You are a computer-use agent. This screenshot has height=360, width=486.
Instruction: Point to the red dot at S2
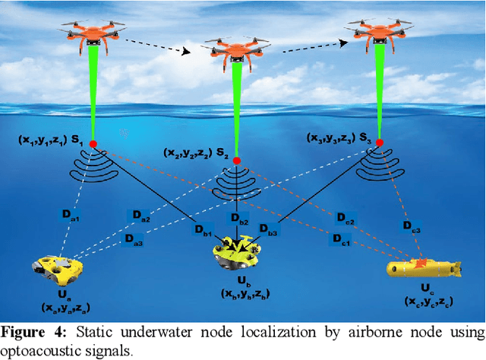[x=237, y=160]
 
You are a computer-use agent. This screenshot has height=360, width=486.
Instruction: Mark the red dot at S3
[x=379, y=142]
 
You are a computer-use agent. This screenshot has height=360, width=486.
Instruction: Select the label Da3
[x=132, y=237]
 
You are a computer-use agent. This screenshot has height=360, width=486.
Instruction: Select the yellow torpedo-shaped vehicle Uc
[x=422, y=267]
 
